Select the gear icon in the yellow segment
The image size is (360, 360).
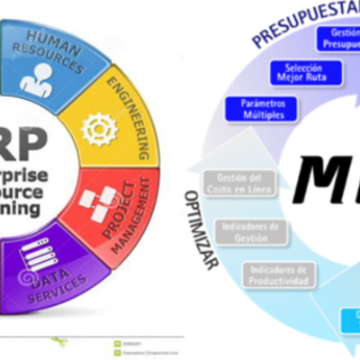[100, 129]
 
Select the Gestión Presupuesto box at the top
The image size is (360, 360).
[340, 38]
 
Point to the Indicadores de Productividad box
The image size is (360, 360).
[280, 275]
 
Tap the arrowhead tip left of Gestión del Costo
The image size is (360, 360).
[194, 189]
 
